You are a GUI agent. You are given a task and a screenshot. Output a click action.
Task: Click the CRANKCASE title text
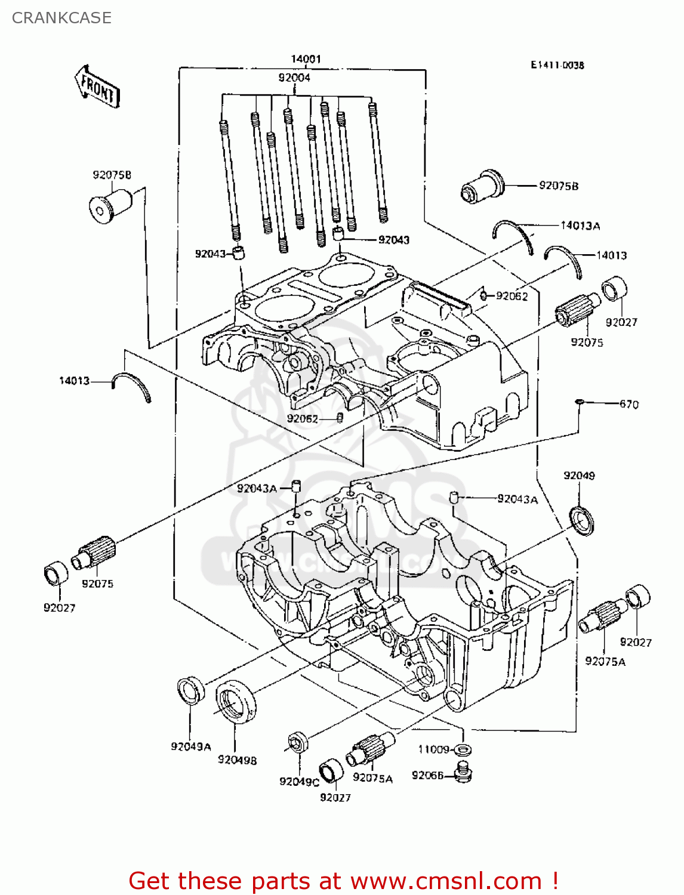point(61,18)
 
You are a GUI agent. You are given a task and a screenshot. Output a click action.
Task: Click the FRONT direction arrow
point(97,87)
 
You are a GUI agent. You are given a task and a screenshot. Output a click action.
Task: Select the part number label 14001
point(306,59)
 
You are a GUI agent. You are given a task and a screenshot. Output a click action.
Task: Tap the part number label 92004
point(294,78)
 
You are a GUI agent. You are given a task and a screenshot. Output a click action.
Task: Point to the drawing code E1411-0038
point(557,65)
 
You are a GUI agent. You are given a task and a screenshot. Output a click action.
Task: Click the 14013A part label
point(580,226)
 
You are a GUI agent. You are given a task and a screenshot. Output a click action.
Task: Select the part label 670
point(628,405)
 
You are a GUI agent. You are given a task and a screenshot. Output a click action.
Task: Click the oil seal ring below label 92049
point(582,520)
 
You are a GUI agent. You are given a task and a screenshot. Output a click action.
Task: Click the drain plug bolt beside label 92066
point(463,773)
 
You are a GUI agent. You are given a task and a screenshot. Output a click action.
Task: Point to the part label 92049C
point(299,782)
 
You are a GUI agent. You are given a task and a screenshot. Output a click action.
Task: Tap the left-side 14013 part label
point(74,381)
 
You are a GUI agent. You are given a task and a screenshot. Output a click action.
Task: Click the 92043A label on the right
point(517,499)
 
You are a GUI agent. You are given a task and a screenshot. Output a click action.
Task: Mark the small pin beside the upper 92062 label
point(483,295)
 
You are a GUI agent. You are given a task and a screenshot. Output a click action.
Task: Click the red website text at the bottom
point(343,881)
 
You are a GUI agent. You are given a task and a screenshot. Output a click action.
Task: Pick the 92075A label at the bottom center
point(372,778)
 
